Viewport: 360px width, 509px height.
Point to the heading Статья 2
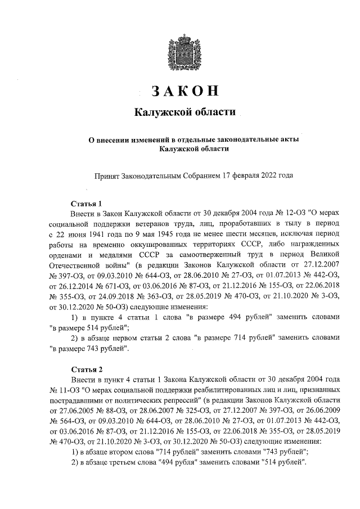(86, 370)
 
